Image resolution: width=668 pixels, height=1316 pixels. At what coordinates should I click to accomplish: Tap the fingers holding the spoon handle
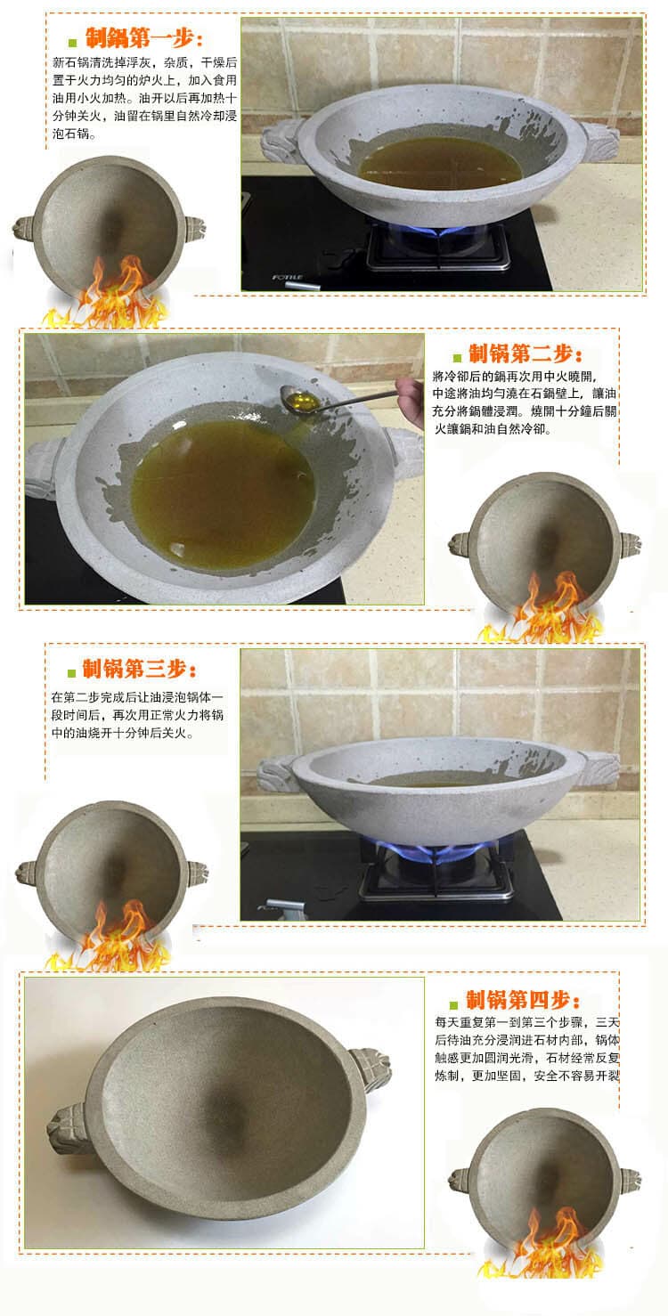(411, 393)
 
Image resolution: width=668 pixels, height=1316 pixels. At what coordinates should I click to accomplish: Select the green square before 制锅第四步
(453, 1001)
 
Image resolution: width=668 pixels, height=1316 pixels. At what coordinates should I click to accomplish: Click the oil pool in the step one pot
(439, 161)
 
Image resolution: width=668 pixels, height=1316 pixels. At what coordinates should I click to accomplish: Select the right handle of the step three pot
(599, 767)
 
